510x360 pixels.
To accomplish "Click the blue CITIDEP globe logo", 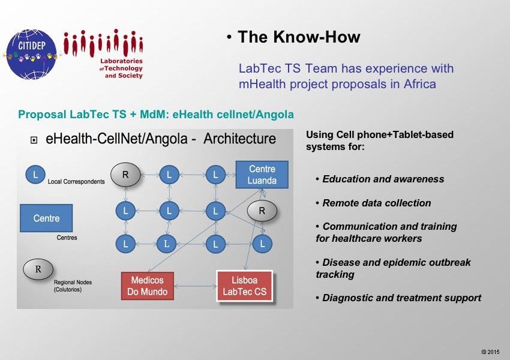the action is tap(31, 55).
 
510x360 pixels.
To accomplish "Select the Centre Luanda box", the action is tap(262, 175).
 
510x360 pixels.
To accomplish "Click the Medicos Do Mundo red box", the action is tap(148, 286).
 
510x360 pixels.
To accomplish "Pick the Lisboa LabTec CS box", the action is tap(245, 286).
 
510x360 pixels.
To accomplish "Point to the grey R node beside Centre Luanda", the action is tap(262, 211).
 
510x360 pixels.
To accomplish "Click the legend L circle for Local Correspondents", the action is tap(35, 175).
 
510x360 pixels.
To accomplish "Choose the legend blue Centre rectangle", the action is tap(46, 218).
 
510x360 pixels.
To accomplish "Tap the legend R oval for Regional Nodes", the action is tap(38, 269).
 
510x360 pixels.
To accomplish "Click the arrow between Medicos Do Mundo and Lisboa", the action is tap(196, 287).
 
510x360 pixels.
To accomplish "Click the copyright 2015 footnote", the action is tap(490, 352).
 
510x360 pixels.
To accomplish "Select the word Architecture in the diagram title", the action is tap(240, 139).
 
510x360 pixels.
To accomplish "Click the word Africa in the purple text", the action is tap(419, 84).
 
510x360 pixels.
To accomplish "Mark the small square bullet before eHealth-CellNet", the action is tap(34, 140).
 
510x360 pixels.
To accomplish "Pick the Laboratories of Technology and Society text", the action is tap(121, 68).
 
